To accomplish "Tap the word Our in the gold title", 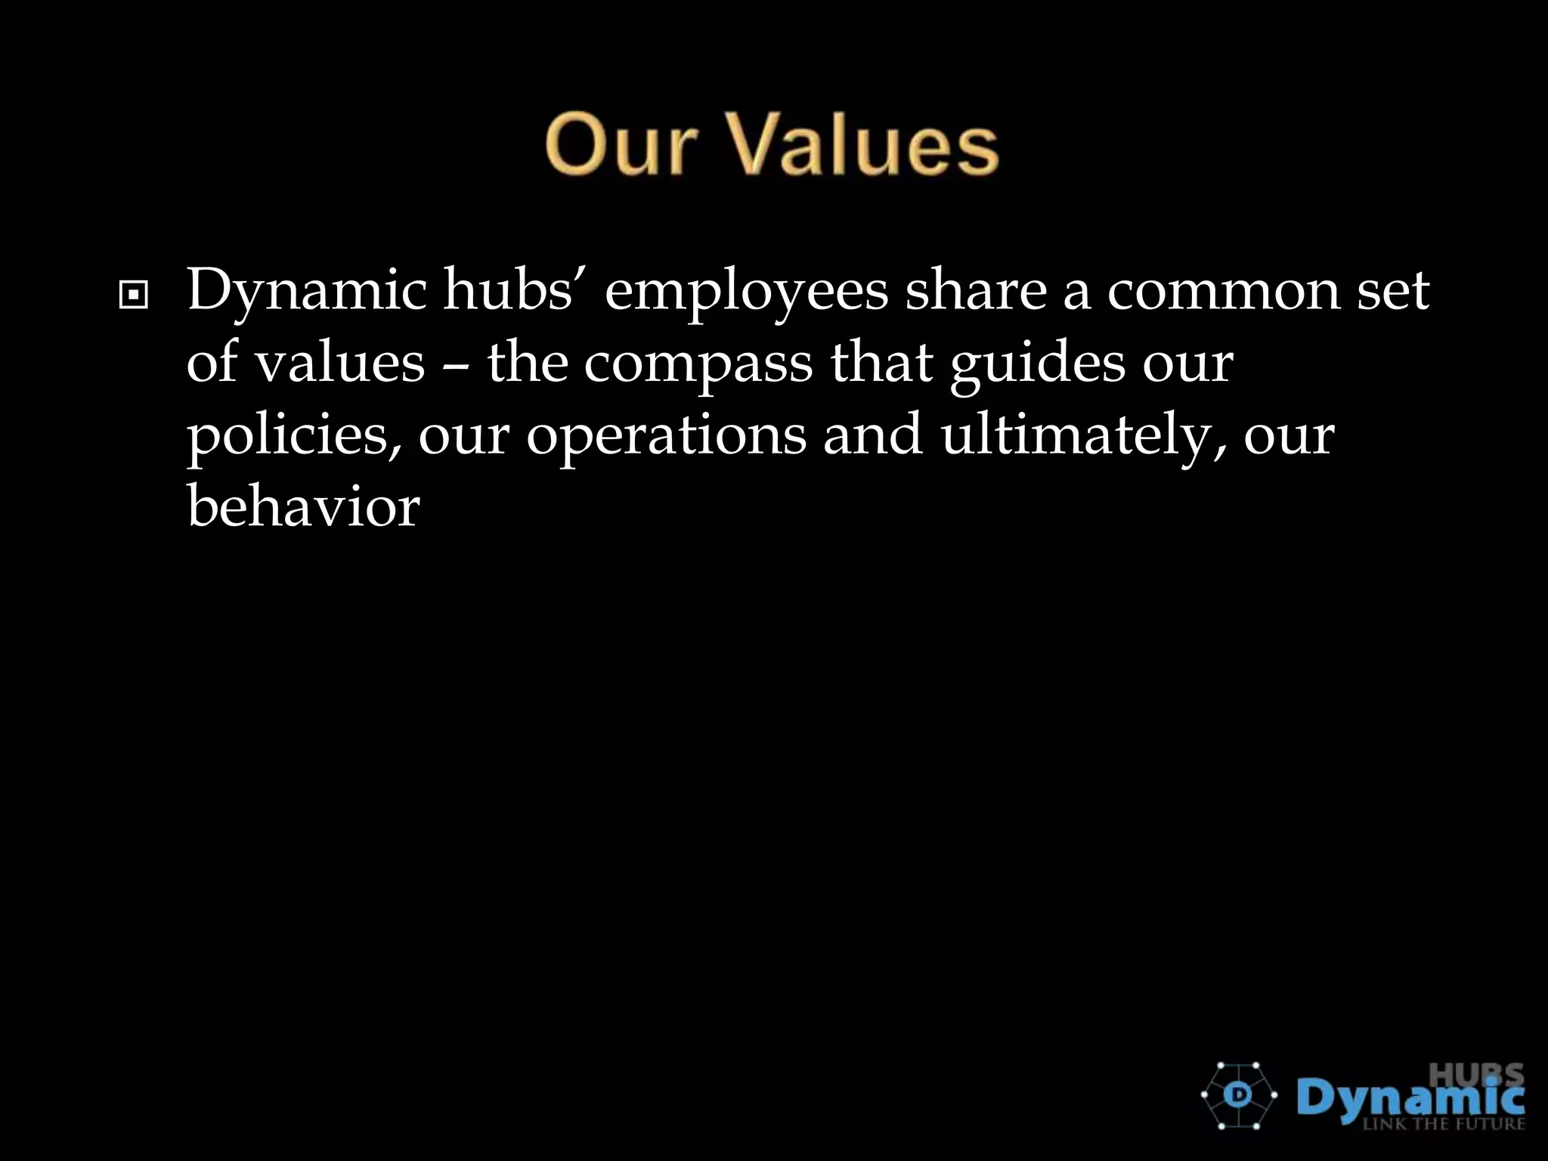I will coord(621,144).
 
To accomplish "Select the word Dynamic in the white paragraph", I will coord(307,292).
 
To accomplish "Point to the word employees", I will coord(746,292).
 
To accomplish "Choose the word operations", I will coord(666,436).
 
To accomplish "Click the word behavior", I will coord(303,506).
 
